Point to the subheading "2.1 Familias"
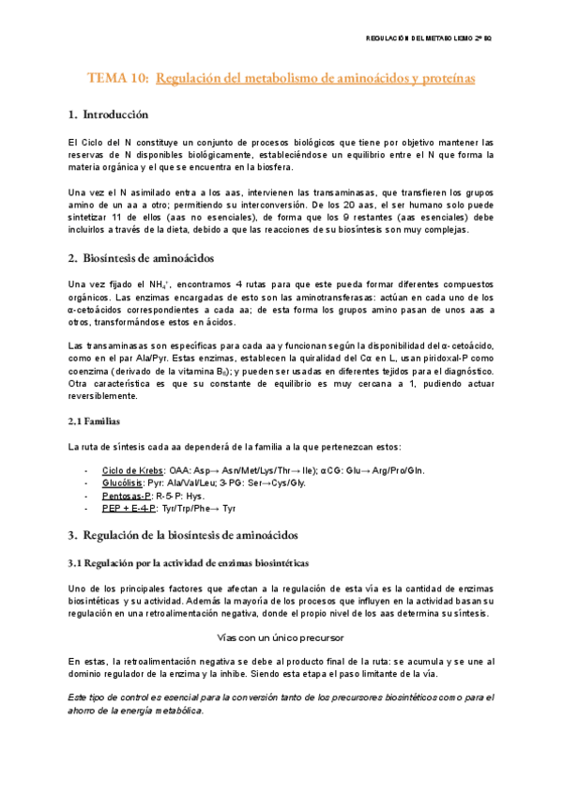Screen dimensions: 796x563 [94, 421]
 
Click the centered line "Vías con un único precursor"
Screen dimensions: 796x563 [281, 636]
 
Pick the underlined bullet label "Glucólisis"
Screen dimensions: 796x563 [122, 482]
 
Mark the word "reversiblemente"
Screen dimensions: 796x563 [104, 396]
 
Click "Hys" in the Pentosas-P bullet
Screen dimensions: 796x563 [196, 495]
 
